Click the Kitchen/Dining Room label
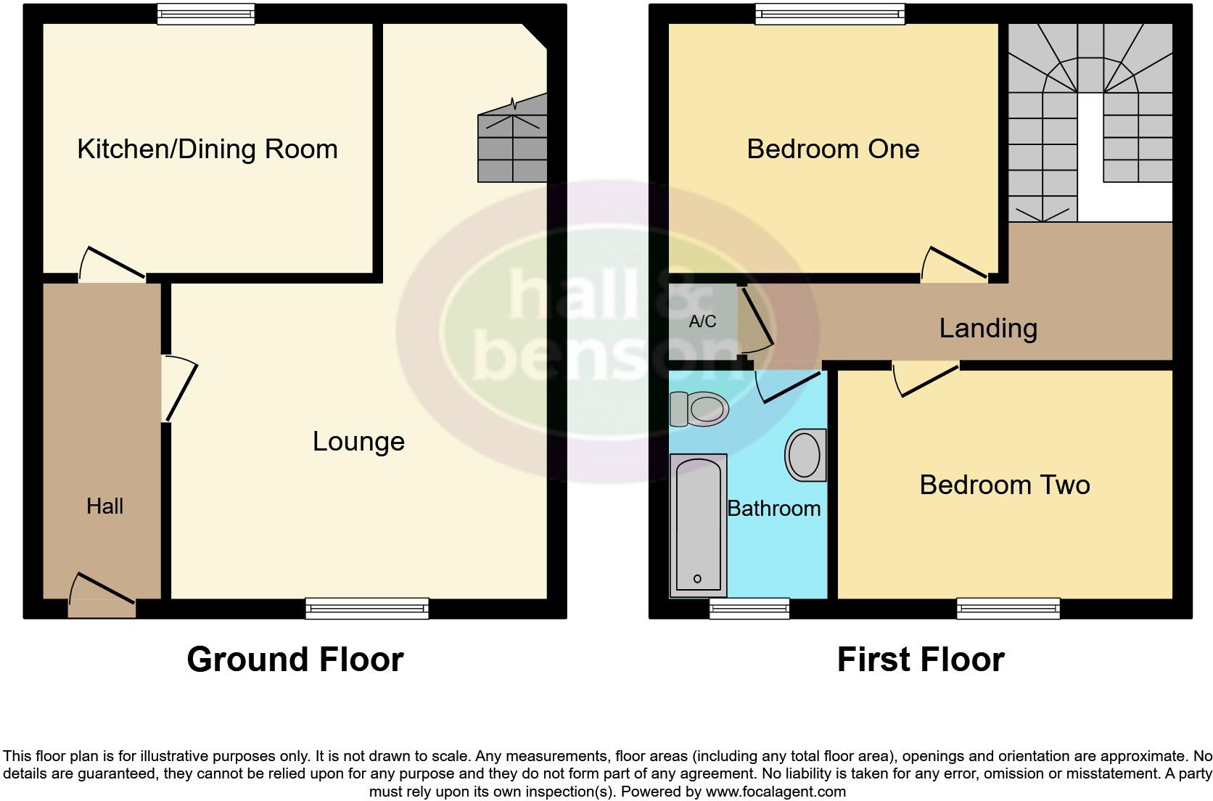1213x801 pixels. [207, 149]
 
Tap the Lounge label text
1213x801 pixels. [358, 441]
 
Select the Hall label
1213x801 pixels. [104, 506]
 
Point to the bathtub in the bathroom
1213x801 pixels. [698, 525]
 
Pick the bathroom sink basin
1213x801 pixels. [805, 455]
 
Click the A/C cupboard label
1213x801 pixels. [702, 321]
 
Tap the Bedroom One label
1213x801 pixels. [833, 149]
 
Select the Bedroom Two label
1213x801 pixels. [1004, 485]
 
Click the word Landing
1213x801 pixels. [988, 328]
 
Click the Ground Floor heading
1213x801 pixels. [295, 660]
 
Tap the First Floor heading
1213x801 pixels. [920, 660]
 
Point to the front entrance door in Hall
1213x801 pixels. [102, 596]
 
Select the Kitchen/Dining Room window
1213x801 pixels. [207, 14]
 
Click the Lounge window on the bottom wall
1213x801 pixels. [367, 608]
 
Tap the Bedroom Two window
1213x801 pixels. [1008, 608]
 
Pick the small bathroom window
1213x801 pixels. [749, 608]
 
